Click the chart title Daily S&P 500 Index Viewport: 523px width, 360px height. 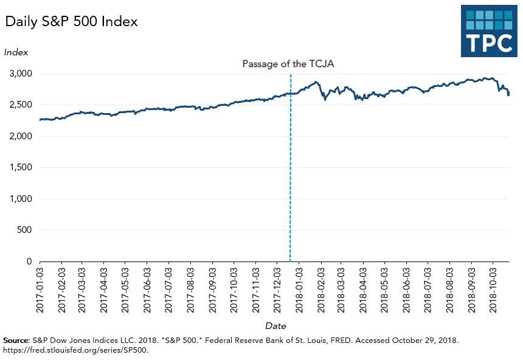click(72, 22)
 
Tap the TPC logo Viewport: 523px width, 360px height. click(488, 31)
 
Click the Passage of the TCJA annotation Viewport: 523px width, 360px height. click(288, 63)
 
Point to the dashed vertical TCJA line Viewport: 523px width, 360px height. click(290, 182)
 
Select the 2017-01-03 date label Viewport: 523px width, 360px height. click(40, 289)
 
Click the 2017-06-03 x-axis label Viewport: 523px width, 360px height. click(147, 289)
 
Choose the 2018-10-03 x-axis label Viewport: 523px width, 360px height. click(493, 289)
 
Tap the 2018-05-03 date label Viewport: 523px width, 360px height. click(385, 289)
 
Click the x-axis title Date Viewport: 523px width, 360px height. click(275, 326)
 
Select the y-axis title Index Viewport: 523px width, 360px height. click(16, 52)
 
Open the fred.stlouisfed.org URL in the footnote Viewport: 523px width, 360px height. click(76, 350)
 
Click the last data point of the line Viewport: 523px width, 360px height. click(508, 94)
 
